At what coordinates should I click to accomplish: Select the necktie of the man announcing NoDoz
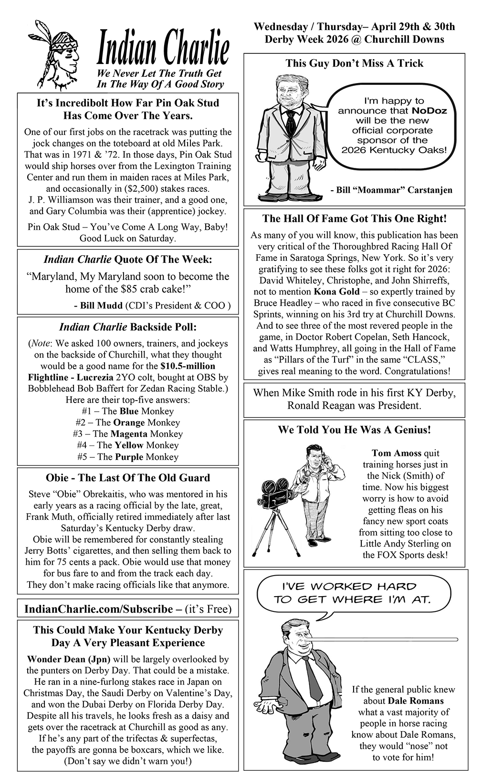290,124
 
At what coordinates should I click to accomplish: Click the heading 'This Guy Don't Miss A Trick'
354,63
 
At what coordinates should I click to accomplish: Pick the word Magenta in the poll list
129,434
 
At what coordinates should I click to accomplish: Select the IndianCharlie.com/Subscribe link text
98,609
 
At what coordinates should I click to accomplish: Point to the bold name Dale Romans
416,701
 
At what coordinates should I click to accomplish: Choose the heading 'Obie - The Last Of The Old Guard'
128,478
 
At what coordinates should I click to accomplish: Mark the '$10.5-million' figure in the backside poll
188,366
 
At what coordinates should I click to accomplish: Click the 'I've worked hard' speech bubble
353,593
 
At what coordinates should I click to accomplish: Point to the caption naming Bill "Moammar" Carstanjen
391,190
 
